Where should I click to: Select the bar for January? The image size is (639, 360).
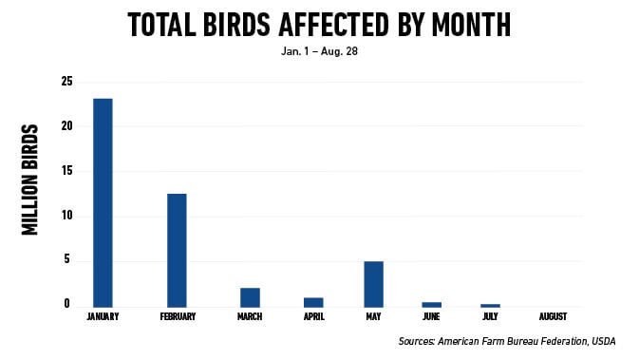103,202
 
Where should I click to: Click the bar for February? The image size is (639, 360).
177,250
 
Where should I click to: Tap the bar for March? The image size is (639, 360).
251,296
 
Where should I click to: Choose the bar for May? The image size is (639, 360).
373,283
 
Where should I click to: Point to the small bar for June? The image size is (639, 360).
432,304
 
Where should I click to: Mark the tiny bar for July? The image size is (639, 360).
491,305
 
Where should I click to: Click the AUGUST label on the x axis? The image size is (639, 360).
553,316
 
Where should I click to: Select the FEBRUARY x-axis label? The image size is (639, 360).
178,316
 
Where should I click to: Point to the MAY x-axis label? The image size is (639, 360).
373,316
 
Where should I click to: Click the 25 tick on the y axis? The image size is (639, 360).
67,82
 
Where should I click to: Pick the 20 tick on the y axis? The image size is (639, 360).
67,126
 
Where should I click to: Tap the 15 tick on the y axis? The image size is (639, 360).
67,171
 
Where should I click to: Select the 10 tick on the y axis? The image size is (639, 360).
67,216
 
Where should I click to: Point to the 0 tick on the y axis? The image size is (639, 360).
67,305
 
